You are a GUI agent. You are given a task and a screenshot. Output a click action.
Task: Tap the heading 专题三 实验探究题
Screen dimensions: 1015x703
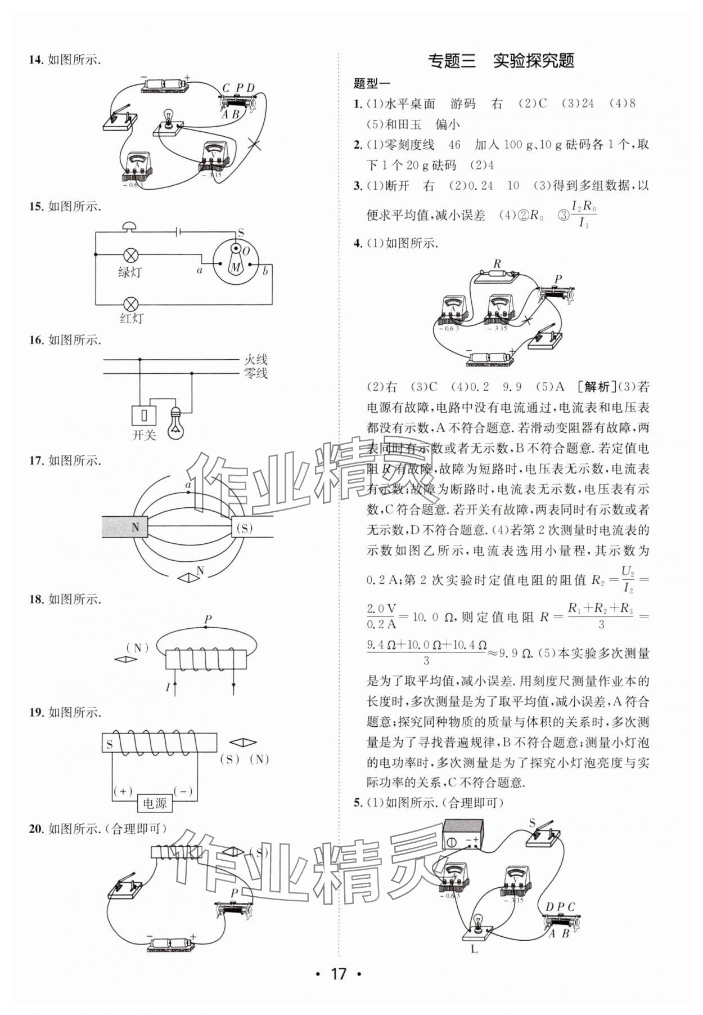pyautogui.click(x=501, y=61)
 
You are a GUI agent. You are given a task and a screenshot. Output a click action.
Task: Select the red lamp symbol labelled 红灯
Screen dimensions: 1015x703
pyautogui.click(x=130, y=304)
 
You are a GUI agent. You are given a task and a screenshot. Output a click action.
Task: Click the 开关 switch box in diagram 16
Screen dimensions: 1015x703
pyautogui.click(x=143, y=415)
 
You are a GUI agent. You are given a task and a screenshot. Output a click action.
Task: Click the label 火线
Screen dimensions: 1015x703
pyautogui.click(x=255, y=359)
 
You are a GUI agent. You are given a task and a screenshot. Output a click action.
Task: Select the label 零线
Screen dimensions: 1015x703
pyautogui.click(x=255, y=373)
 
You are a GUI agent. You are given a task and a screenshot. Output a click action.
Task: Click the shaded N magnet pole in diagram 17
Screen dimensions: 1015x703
pyautogui.click(x=125, y=527)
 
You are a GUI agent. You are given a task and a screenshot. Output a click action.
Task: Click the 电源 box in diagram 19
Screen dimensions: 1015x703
pyautogui.click(x=155, y=803)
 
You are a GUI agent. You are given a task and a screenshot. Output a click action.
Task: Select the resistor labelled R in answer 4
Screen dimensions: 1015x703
pyautogui.click(x=496, y=276)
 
